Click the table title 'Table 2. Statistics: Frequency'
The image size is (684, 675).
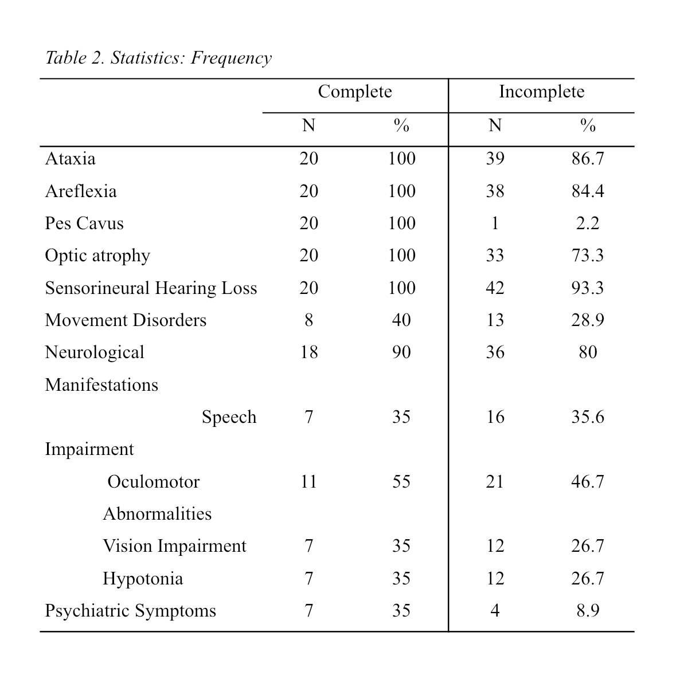158,58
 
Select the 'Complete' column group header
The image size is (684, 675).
355,92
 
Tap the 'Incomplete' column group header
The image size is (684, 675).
541,92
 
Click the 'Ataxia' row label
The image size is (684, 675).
71,158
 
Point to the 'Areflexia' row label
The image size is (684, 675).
81,191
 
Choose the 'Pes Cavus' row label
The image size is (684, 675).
84,223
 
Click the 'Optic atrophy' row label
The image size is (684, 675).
97,256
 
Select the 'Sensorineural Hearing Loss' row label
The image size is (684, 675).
151,288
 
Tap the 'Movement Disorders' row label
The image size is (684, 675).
126,320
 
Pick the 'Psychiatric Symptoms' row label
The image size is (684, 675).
131,611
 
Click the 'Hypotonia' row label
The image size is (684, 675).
143,578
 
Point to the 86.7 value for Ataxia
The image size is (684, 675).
588,158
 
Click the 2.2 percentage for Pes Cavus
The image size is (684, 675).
588,223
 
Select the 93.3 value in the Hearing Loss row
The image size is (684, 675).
588,288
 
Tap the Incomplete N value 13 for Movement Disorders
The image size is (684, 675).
495,320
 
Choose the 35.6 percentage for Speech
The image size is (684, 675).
588,417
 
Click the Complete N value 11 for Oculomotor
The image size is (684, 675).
308,481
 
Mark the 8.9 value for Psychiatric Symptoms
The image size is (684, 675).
588,611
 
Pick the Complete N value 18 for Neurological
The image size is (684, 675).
308,352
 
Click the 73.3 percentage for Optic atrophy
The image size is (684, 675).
588,256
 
